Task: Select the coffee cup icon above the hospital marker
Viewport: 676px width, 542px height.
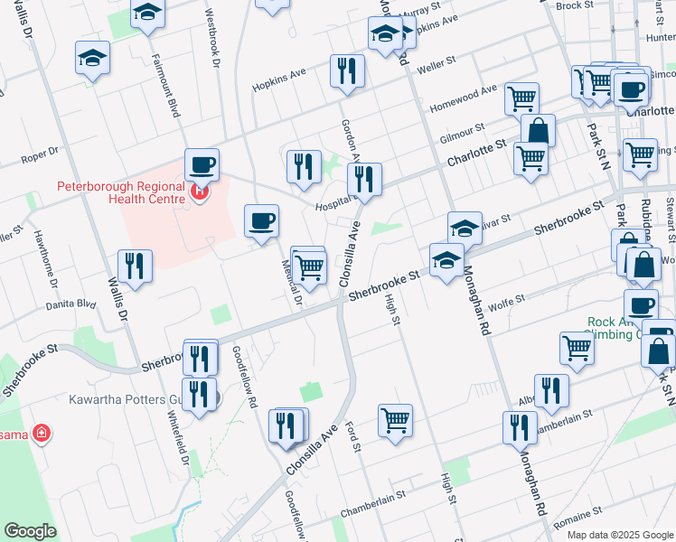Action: pos(202,165)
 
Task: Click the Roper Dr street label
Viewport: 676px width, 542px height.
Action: pos(39,156)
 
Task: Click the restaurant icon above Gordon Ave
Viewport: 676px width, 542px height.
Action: pos(347,71)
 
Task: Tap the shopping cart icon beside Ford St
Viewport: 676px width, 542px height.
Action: pos(395,420)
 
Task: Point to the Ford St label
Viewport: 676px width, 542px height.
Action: pos(355,436)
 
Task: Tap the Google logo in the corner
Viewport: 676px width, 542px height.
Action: pos(30,531)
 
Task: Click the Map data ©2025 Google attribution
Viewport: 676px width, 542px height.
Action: pos(620,535)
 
